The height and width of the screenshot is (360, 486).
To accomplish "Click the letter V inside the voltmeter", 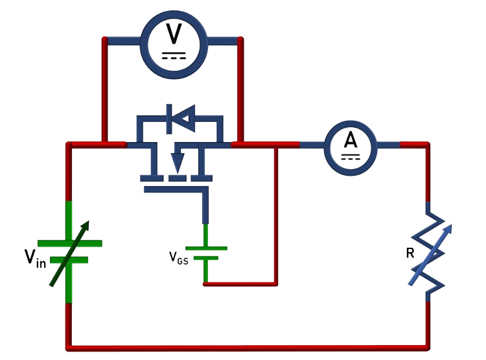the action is [x=174, y=34].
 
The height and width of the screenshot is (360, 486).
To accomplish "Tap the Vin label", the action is [x=36, y=258].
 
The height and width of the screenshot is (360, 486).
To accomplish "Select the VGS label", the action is [x=179, y=258].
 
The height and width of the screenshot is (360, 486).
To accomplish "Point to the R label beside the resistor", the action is [x=410, y=253].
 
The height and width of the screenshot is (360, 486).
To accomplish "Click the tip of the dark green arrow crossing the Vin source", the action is [x=89, y=221].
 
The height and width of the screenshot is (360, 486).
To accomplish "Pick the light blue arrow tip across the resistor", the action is [x=451, y=224].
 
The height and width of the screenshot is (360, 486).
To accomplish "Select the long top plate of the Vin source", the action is [x=70, y=243].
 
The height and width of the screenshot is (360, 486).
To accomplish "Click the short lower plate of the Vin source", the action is [x=69, y=259].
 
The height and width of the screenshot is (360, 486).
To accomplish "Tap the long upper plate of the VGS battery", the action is [x=207, y=248].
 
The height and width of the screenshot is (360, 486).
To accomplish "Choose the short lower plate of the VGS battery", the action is [x=206, y=258].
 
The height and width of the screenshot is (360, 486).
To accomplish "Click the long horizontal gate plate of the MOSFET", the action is [x=176, y=189].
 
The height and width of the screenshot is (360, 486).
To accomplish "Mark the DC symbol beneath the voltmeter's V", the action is [x=174, y=56].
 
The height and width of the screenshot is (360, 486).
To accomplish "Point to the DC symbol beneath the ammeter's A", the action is [x=351, y=157].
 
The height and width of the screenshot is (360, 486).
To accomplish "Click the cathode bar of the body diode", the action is [x=169, y=119].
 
